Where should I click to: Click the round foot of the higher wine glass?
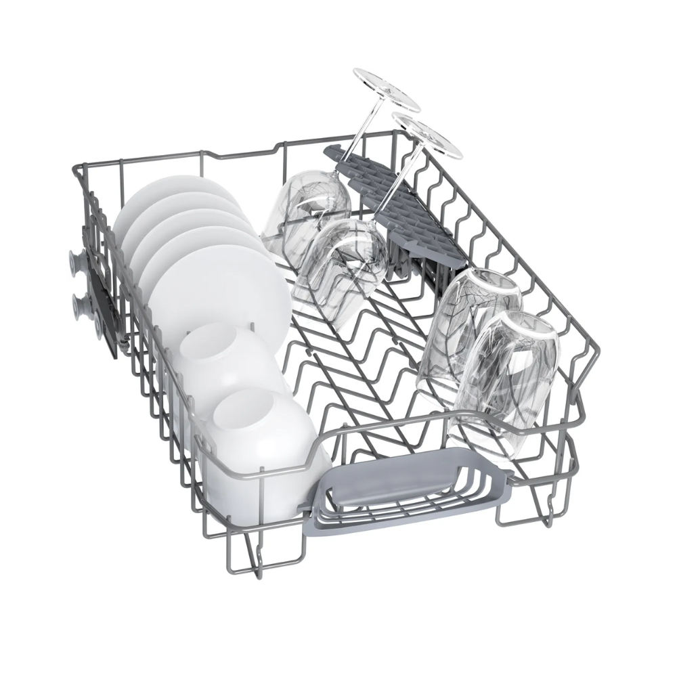[x=387, y=88]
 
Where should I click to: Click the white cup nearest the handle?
[x=261, y=447]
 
